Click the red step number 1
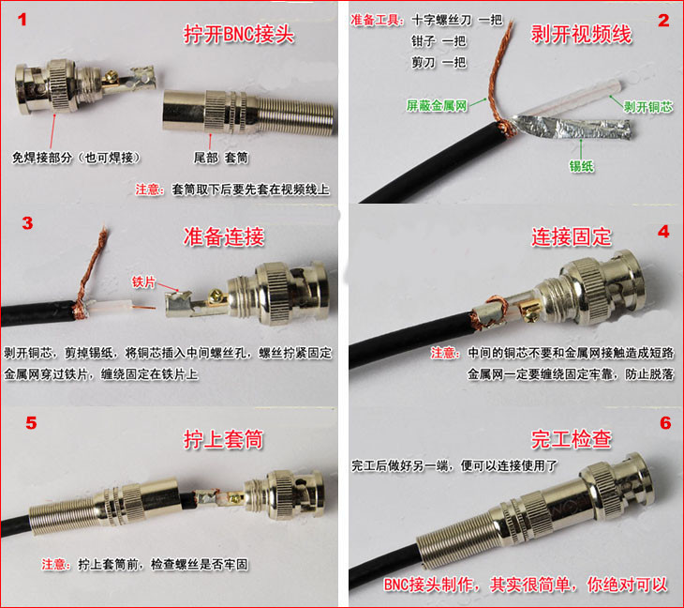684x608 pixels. pos(22,20)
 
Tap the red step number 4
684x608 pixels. pos(663,232)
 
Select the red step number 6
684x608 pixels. pos(665,423)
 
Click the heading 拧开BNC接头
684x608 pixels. pos(239,34)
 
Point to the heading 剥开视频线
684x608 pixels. pos(581,34)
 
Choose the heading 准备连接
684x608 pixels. pos(224,236)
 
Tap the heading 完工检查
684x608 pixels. pos(572,439)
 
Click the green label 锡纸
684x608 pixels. pos(581,166)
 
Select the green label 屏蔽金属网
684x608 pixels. pos(437,105)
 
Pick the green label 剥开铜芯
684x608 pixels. pos(648,107)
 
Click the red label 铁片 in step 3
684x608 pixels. pos(143,281)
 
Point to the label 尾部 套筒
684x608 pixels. pos(221,158)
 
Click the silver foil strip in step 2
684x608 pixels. pos(572,128)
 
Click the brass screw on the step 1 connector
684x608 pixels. pos(112,78)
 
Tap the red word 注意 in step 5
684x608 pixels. pos(56,564)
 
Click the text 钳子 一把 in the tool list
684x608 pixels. pos(439,41)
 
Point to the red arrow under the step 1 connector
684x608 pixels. pos(52,131)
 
